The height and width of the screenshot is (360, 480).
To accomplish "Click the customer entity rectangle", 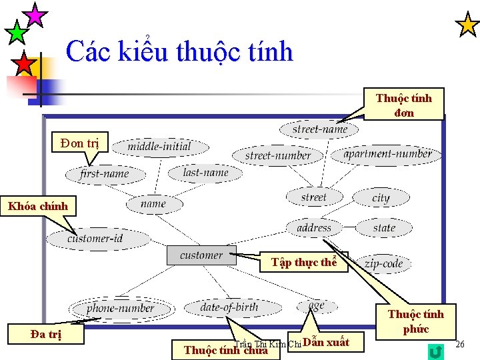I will (x=201, y=255).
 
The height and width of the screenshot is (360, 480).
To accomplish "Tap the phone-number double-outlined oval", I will (x=120, y=308).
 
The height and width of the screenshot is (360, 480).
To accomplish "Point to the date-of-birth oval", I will (x=229, y=307).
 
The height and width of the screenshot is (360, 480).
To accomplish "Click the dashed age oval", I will (x=316, y=305).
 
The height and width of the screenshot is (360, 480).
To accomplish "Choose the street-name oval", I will (x=320, y=129).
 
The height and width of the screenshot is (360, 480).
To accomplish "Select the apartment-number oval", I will (x=387, y=154).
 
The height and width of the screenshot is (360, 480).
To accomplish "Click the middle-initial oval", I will (x=159, y=147).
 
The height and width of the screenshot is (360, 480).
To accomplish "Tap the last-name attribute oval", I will (x=205, y=173).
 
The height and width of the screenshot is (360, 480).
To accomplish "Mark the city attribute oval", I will (x=381, y=198).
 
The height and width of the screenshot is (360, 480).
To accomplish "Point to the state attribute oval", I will (x=384, y=228).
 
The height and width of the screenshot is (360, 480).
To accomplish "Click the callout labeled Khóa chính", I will (x=38, y=206).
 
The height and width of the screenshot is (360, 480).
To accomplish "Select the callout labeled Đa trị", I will (x=46, y=333).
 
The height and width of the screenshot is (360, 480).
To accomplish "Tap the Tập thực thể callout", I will (x=304, y=262).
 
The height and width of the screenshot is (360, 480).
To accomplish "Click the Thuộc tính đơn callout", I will (x=404, y=105).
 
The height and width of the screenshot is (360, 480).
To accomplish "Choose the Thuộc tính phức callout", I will (x=416, y=321).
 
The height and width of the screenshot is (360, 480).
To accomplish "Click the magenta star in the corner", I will (x=35, y=14).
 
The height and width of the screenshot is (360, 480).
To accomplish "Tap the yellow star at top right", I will (x=467, y=25).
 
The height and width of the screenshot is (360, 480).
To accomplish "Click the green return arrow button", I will (x=437, y=351).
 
